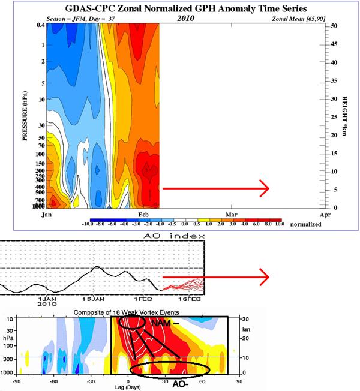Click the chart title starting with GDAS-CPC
179,8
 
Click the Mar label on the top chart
230,214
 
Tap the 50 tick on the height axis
335,26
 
